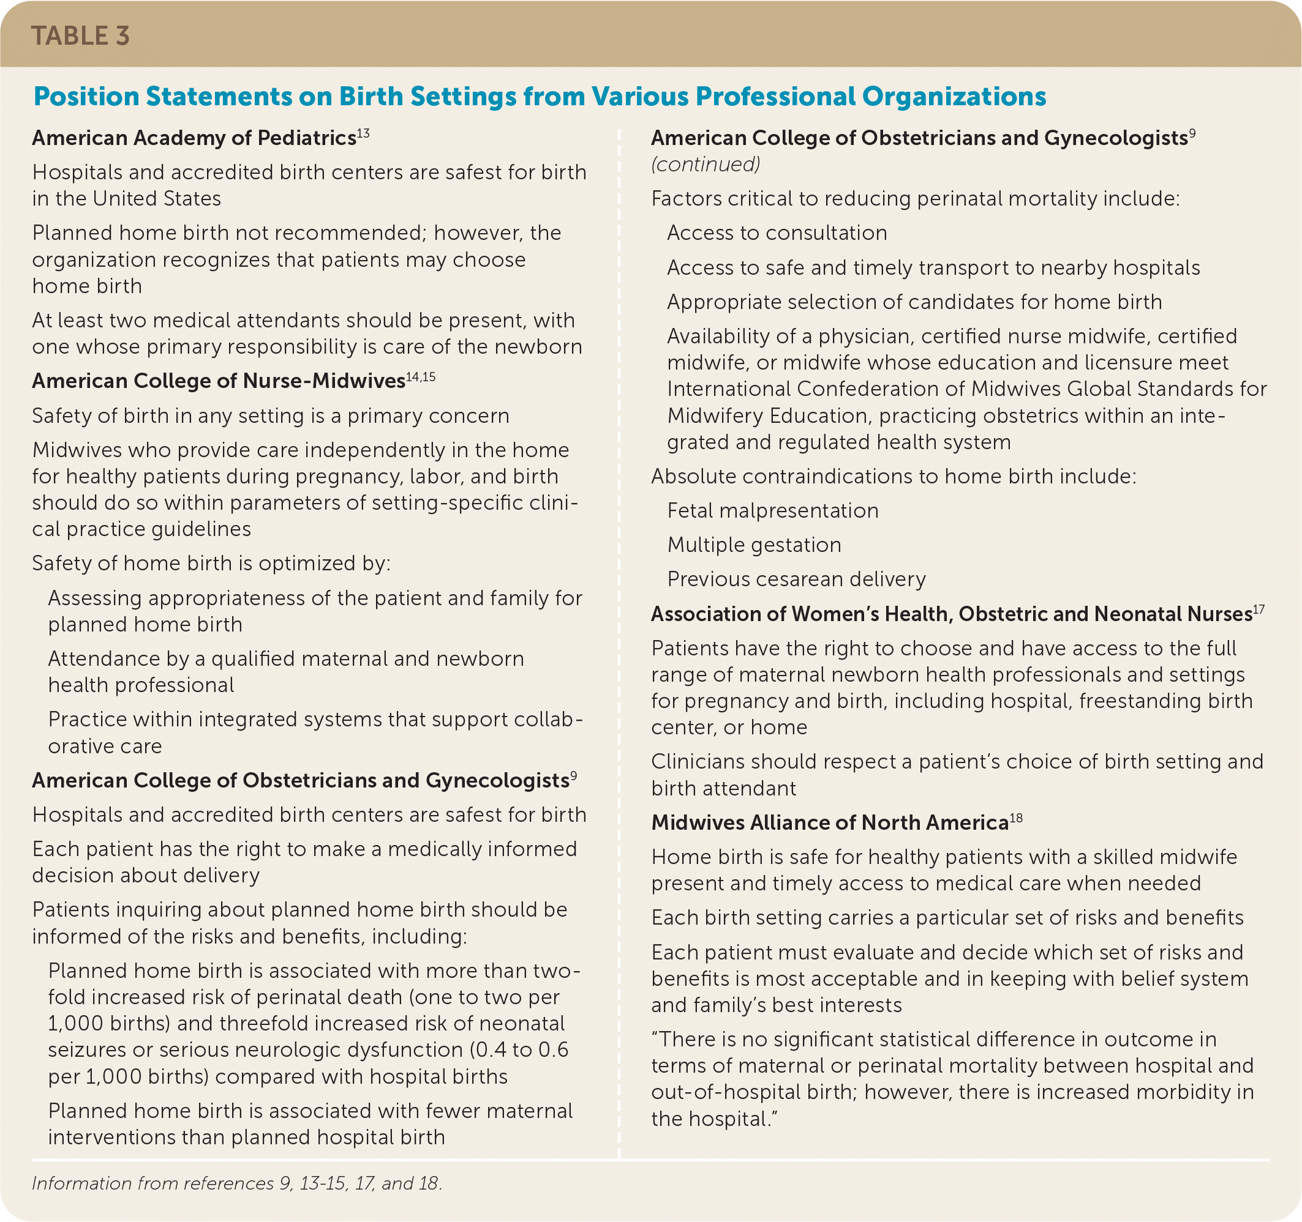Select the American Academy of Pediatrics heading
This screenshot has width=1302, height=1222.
click(194, 138)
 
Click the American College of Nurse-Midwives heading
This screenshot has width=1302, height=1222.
click(218, 381)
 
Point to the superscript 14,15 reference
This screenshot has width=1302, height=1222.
click(421, 377)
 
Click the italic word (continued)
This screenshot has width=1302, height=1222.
click(706, 164)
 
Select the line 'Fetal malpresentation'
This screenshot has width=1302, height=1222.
click(772, 510)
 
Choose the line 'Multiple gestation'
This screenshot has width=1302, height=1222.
click(754, 545)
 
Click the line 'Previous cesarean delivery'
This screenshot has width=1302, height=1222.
click(796, 579)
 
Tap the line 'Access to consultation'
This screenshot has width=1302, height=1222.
click(777, 233)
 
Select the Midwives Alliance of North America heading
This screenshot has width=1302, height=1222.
click(829, 823)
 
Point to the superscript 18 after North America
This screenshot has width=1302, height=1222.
click(1016, 818)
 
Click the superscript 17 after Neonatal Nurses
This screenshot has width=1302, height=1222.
click(1259, 610)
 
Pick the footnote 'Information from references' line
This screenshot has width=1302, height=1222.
click(236, 1183)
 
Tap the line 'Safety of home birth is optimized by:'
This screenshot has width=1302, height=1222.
click(211, 564)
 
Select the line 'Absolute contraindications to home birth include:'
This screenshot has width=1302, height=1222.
click(894, 477)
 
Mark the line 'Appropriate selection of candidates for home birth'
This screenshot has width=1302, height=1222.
click(914, 302)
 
